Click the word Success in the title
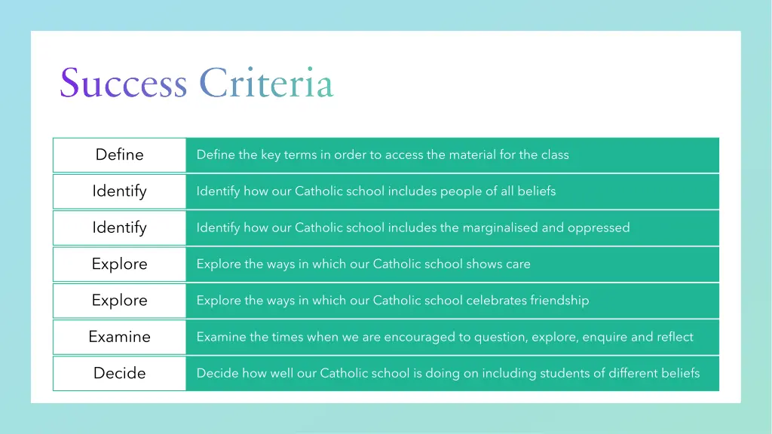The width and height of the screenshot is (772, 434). pyautogui.click(x=124, y=83)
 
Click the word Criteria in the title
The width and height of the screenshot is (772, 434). pyautogui.click(x=266, y=83)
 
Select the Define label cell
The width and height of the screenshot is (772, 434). pyautogui.click(x=119, y=154)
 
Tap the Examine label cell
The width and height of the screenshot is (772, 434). pyautogui.click(x=119, y=337)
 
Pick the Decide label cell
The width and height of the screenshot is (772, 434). pyautogui.click(x=119, y=373)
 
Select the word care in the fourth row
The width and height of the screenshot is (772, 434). pyautogui.click(x=517, y=264)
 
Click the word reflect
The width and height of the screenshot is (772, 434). pyautogui.click(x=675, y=337)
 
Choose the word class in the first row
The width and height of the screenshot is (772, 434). pyautogui.click(x=555, y=154)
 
